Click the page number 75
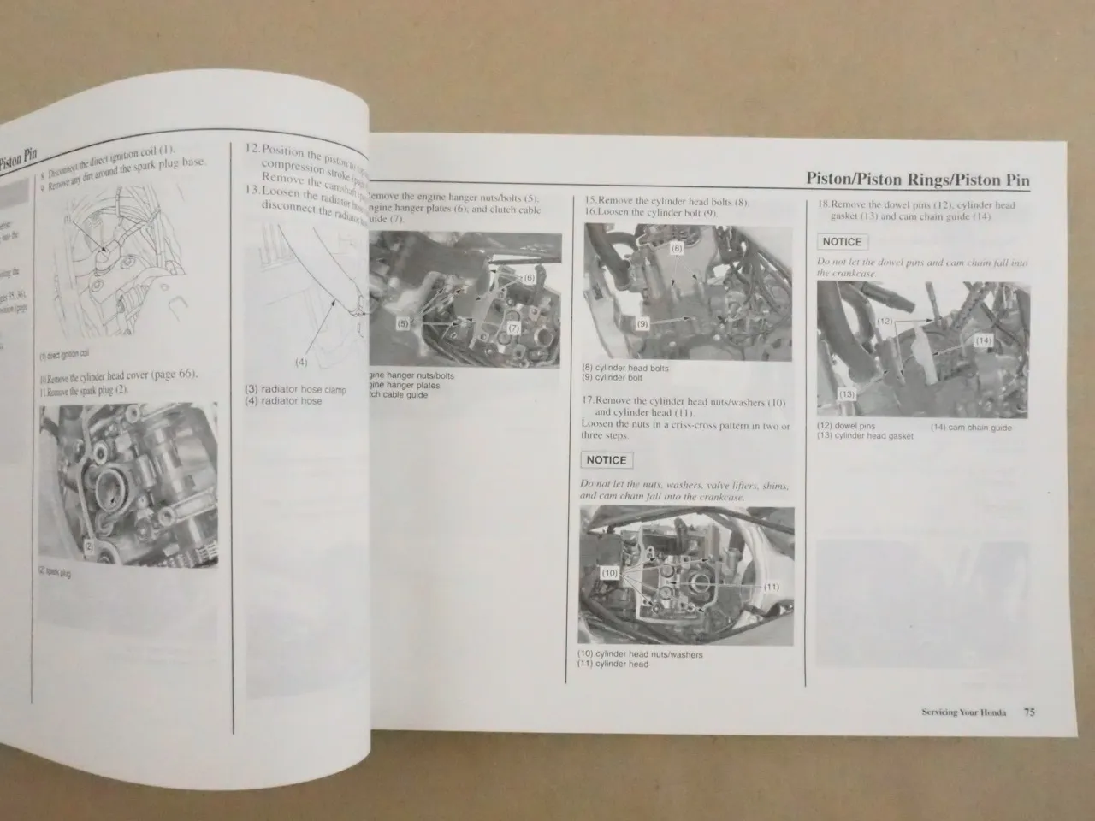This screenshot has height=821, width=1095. click(x=1029, y=712)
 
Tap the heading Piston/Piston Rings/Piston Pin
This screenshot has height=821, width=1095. click(x=918, y=180)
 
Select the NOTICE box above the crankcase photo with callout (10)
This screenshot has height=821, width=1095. click(x=607, y=460)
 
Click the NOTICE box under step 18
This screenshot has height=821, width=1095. click(x=843, y=242)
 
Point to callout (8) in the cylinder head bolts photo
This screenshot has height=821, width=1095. click(x=677, y=249)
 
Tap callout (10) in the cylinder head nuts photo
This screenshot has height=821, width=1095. click(x=609, y=574)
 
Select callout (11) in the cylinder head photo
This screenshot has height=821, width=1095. click(x=771, y=586)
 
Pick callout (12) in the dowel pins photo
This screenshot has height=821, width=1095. click(x=886, y=322)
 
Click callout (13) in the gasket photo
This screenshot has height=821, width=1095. click(x=848, y=394)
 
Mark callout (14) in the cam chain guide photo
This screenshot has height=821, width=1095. click(x=984, y=340)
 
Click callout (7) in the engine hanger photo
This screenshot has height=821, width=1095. click(x=513, y=328)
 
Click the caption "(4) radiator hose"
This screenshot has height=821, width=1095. click(x=283, y=401)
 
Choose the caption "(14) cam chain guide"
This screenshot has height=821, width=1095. click(x=971, y=428)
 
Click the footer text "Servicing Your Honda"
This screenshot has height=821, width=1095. click(x=964, y=712)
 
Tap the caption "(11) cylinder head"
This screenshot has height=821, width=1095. click(x=613, y=664)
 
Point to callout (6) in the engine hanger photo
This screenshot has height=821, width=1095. click(x=528, y=278)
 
